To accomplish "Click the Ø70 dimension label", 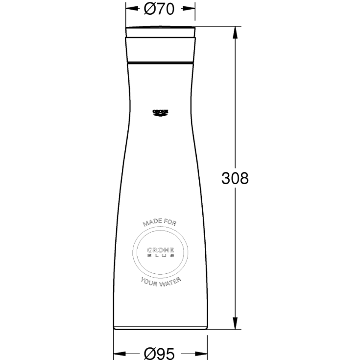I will point(160,9).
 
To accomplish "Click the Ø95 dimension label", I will point(160,353).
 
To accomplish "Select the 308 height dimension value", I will point(235,178).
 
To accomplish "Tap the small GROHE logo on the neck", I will point(160,113).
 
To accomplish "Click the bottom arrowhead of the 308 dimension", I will point(235,323).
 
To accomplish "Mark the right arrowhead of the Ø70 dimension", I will point(190,9).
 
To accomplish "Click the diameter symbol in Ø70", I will point(150,9).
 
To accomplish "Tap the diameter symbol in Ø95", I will point(150,353).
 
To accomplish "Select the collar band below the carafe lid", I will point(160,51).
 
